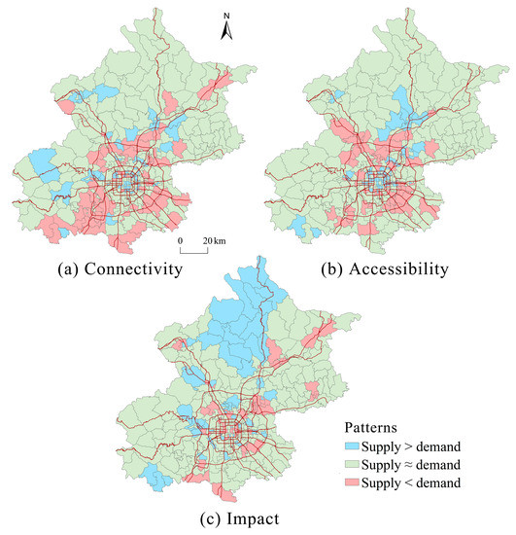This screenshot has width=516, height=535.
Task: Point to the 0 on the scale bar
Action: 181,239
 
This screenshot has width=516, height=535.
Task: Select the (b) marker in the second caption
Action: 334,269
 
